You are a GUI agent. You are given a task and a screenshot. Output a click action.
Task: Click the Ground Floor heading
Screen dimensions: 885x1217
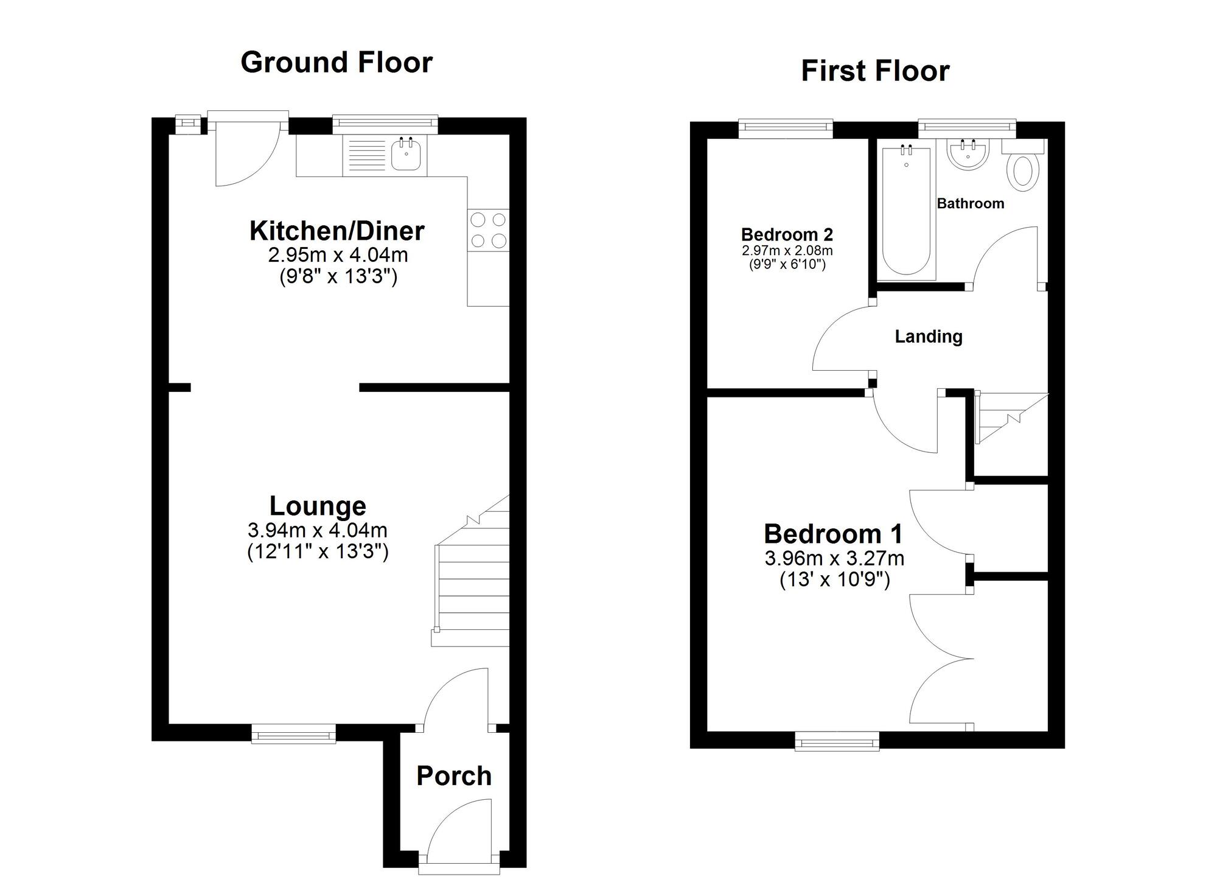[x=337, y=62]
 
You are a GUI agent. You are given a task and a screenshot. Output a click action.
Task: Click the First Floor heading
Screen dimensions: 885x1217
[x=875, y=71]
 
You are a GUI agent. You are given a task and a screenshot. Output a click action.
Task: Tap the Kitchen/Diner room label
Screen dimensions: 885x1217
[x=337, y=231]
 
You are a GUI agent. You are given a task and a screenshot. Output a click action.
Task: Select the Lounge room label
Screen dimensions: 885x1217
[x=318, y=506]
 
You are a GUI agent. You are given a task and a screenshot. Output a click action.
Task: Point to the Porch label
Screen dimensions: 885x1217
[x=454, y=776]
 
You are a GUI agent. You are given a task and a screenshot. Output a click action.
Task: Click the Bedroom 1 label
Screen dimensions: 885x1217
[x=833, y=534]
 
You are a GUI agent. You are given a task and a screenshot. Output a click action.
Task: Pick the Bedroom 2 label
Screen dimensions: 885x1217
[x=787, y=234]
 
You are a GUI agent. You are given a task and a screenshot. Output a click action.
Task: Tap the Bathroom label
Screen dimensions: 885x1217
[x=970, y=203]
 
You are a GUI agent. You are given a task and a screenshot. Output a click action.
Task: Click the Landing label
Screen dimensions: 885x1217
[x=928, y=337]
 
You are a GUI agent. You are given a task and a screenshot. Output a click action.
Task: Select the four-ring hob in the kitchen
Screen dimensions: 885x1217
[x=488, y=230]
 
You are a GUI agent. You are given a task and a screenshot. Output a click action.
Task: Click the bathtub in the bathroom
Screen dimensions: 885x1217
[x=906, y=213]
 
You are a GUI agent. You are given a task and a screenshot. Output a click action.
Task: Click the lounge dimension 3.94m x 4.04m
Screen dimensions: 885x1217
[x=318, y=530]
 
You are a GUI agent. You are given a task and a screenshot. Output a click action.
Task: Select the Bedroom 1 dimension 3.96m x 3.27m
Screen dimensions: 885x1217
[x=834, y=558]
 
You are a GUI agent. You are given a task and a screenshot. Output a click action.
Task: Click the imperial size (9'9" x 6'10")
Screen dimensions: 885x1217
[x=787, y=264]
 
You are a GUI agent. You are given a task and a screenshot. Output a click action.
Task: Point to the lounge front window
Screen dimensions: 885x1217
[x=293, y=733]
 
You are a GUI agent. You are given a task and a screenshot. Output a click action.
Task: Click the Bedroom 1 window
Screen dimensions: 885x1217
[x=837, y=741]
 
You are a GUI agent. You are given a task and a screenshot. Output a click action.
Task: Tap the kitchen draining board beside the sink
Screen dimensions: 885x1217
[x=365, y=156]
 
